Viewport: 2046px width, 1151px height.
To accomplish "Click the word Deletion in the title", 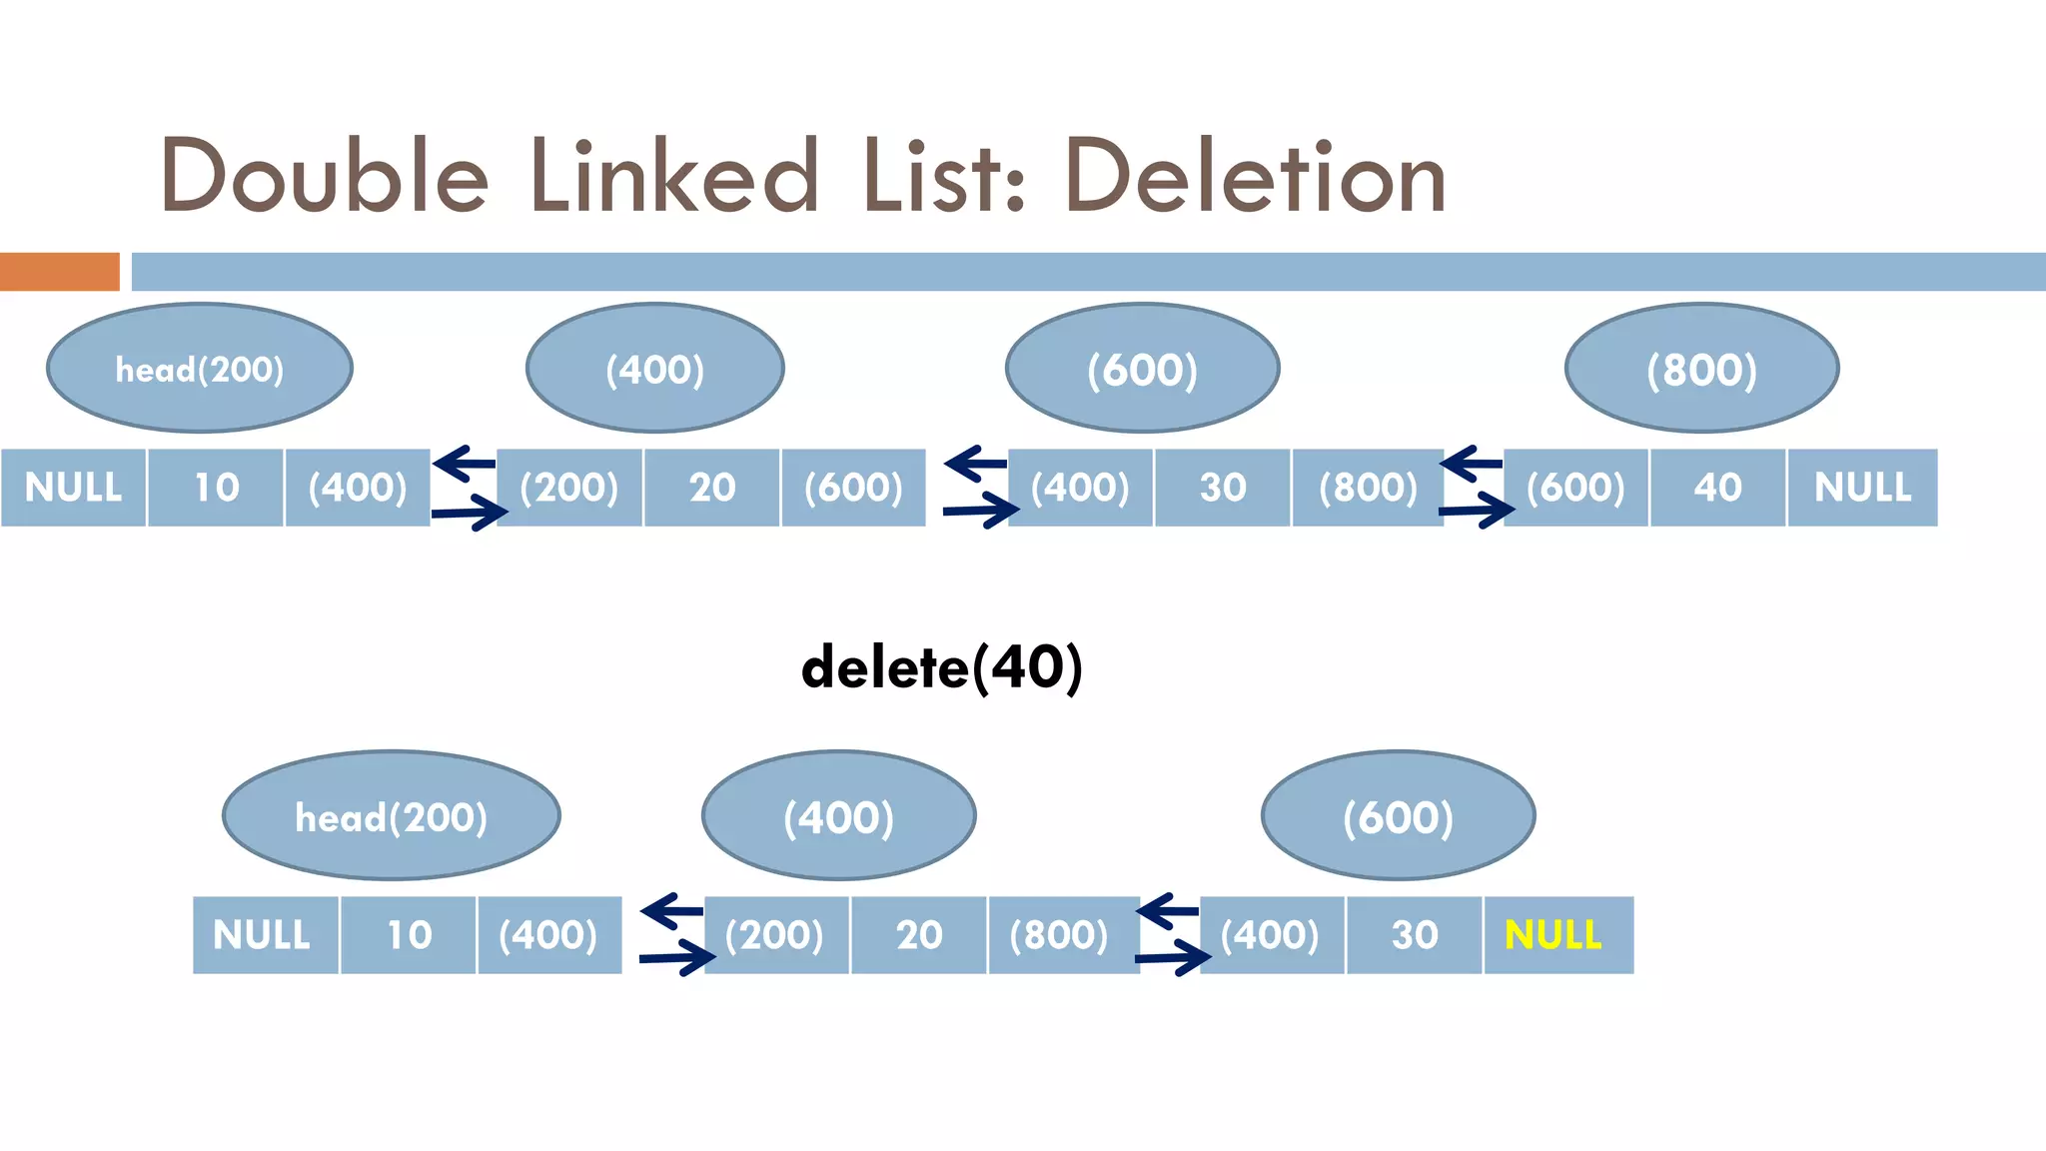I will (x=1255, y=177).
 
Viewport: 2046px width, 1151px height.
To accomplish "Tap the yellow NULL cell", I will (x=1557, y=935).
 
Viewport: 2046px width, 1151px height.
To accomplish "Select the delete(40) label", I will (x=941, y=667).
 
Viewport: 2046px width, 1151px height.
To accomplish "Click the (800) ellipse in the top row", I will (x=1701, y=369).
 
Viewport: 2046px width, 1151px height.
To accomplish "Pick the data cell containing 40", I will (x=1717, y=488).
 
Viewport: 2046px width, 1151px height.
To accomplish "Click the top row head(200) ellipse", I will (x=200, y=369).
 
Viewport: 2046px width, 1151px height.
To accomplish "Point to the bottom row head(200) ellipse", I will (x=391, y=816).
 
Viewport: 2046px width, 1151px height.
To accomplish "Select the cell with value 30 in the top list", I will (x=1222, y=488).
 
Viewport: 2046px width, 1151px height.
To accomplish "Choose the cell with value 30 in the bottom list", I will (x=1414, y=935).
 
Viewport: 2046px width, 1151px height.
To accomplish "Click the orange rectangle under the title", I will (x=59, y=272).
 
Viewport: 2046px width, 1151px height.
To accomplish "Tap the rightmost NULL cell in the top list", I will (x=1862, y=488).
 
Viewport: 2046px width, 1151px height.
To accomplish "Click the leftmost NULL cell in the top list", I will (x=73, y=488).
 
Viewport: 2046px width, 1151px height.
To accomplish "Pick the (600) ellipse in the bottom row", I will (x=1398, y=816).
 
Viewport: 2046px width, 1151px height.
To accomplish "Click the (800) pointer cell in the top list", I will (x=1368, y=488).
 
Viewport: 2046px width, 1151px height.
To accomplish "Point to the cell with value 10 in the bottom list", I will (x=408, y=935).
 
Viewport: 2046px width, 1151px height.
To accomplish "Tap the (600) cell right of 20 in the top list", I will (x=853, y=488).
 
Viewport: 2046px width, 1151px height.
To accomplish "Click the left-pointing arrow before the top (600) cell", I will (x=1472, y=464).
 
